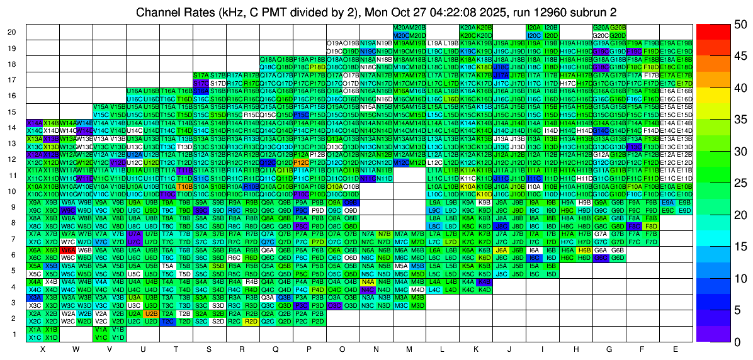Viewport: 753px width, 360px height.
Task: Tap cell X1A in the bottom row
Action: [x=35, y=329]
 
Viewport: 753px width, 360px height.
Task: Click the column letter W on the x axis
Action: [x=76, y=349]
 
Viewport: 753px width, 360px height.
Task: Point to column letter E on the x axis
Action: [x=676, y=349]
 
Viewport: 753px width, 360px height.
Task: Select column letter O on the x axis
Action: [x=343, y=349]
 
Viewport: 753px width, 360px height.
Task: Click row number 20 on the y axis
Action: [x=12, y=32]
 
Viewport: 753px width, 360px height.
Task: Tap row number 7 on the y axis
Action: [x=14, y=239]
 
